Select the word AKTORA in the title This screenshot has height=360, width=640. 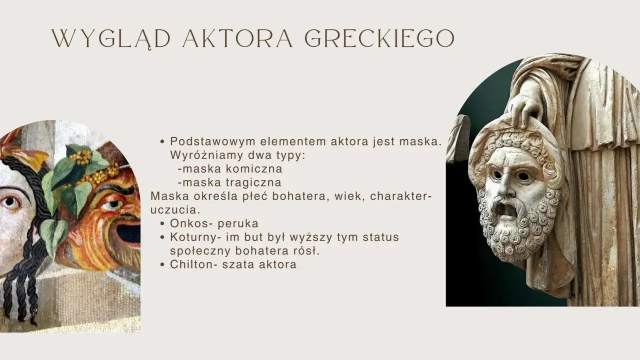pyautogui.click(x=237, y=39)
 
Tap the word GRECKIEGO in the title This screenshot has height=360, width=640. pyautogui.click(x=379, y=39)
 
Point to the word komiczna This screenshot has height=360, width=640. pyautogui.click(x=254, y=169)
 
